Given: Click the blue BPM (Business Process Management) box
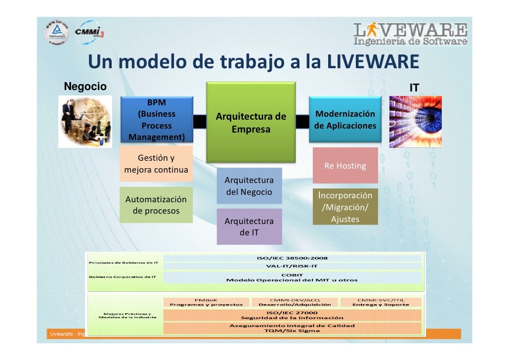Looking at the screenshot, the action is click(157, 120).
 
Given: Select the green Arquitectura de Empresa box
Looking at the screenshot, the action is click(251, 123).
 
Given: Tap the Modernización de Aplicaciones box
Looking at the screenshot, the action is click(345, 120).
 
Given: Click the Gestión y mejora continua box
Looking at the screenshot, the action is click(156, 164).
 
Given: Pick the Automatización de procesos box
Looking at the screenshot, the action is click(156, 205).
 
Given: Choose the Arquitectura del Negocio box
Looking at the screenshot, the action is click(249, 186).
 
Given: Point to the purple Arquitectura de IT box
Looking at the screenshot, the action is click(249, 226).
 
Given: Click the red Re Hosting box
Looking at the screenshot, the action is click(345, 166).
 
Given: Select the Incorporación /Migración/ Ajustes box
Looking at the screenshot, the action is click(345, 206).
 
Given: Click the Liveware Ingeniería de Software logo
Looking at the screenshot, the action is click(410, 34).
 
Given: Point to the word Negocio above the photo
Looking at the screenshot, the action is click(85, 87).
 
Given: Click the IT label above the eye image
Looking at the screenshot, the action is click(414, 88).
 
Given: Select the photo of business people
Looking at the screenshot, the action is click(85, 121).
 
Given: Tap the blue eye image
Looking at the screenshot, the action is click(415, 122).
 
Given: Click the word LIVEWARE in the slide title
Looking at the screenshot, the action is click(373, 62).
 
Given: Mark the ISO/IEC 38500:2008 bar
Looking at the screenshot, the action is click(292, 258).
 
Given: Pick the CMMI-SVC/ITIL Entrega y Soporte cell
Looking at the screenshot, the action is click(381, 302).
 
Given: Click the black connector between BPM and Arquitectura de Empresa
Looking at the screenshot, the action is click(200, 121).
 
